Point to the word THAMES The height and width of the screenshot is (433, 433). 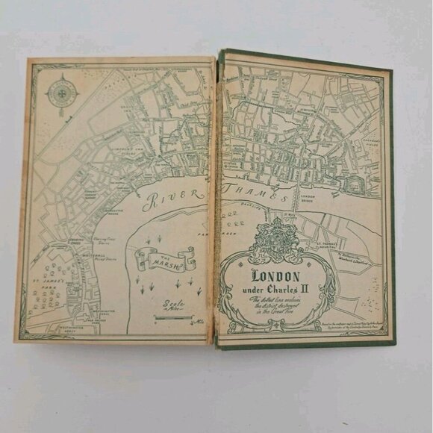(x=264, y=198)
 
